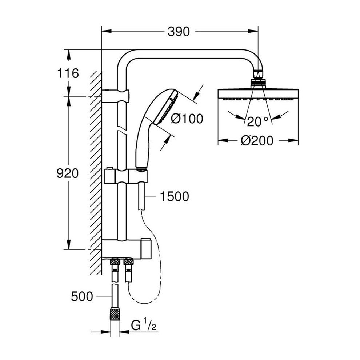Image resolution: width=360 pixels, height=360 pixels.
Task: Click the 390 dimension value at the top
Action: coord(179,32)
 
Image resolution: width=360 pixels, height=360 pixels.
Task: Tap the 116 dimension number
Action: coord(68,73)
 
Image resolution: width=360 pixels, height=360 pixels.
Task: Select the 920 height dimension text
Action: coord(68,173)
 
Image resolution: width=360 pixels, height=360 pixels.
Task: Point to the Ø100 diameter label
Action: coord(187,119)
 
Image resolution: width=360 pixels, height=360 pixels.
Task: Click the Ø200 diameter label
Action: coord(257,140)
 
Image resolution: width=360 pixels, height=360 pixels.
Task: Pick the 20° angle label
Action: coord(257,121)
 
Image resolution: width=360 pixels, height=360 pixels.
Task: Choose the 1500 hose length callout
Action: coord(174,196)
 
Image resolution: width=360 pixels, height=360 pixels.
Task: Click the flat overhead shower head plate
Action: coord(258,94)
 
